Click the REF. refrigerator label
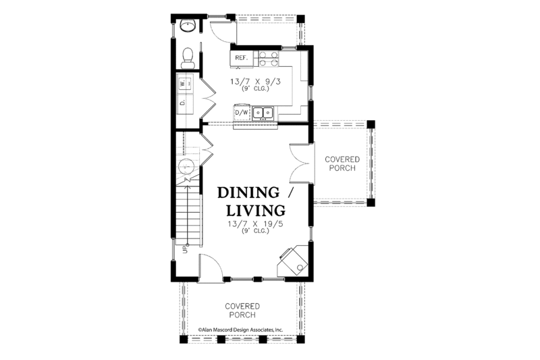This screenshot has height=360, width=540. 241,58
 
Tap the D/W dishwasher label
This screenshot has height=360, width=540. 241,112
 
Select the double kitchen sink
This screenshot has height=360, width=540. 263,111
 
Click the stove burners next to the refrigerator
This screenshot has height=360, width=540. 267,58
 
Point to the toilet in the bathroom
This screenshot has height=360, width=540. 188,57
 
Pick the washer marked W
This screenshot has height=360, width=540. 183,84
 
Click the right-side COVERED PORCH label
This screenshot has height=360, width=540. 342,163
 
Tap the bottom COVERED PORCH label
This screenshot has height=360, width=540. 242,310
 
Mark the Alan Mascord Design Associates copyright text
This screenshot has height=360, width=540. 240,330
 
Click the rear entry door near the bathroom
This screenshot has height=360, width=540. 219,30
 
